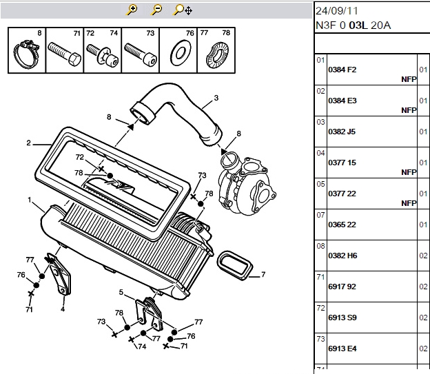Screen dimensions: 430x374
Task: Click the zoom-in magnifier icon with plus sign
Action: (132, 10)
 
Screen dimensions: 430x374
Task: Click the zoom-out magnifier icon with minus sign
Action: (156, 10)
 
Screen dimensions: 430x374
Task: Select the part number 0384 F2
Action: (342, 70)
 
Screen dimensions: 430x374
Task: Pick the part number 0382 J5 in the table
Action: (342, 132)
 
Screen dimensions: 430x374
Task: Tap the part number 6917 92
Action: (342, 287)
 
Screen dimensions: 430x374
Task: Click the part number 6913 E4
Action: (342, 349)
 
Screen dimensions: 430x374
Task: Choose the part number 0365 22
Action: (342, 225)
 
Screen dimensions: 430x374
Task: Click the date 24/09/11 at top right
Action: (337, 11)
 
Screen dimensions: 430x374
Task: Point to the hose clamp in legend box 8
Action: (25, 54)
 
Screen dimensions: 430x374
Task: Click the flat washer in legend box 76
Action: (180, 53)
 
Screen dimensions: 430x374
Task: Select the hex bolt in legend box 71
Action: (64, 54)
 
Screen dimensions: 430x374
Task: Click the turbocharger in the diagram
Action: (245, 183)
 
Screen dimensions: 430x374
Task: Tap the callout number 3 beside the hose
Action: (216, 98)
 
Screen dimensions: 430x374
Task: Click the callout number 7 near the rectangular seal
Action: (263, 274)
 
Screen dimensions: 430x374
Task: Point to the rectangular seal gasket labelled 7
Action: (235, 265)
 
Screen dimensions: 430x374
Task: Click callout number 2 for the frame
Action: (28, 143)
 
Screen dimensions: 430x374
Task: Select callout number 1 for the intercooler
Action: (30, 200)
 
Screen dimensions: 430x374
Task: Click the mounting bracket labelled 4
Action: (59, 275)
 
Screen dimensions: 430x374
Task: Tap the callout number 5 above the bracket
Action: (121, 292)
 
